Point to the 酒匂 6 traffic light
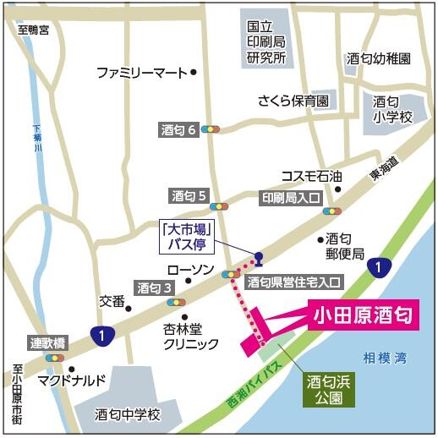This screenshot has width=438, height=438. coord(211,130)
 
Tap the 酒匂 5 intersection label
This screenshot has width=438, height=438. coord(190,196)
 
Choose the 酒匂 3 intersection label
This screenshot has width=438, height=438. coord(155,287)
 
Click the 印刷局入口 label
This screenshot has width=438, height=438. coord(289,198)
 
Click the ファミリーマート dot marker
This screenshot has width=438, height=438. coord(194,73)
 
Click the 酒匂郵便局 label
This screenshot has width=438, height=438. coord(345,246)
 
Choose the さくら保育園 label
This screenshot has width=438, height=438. coord(293,101)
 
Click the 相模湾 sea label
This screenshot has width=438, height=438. coord(383,359)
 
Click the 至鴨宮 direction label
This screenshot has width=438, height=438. coord(34,30)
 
